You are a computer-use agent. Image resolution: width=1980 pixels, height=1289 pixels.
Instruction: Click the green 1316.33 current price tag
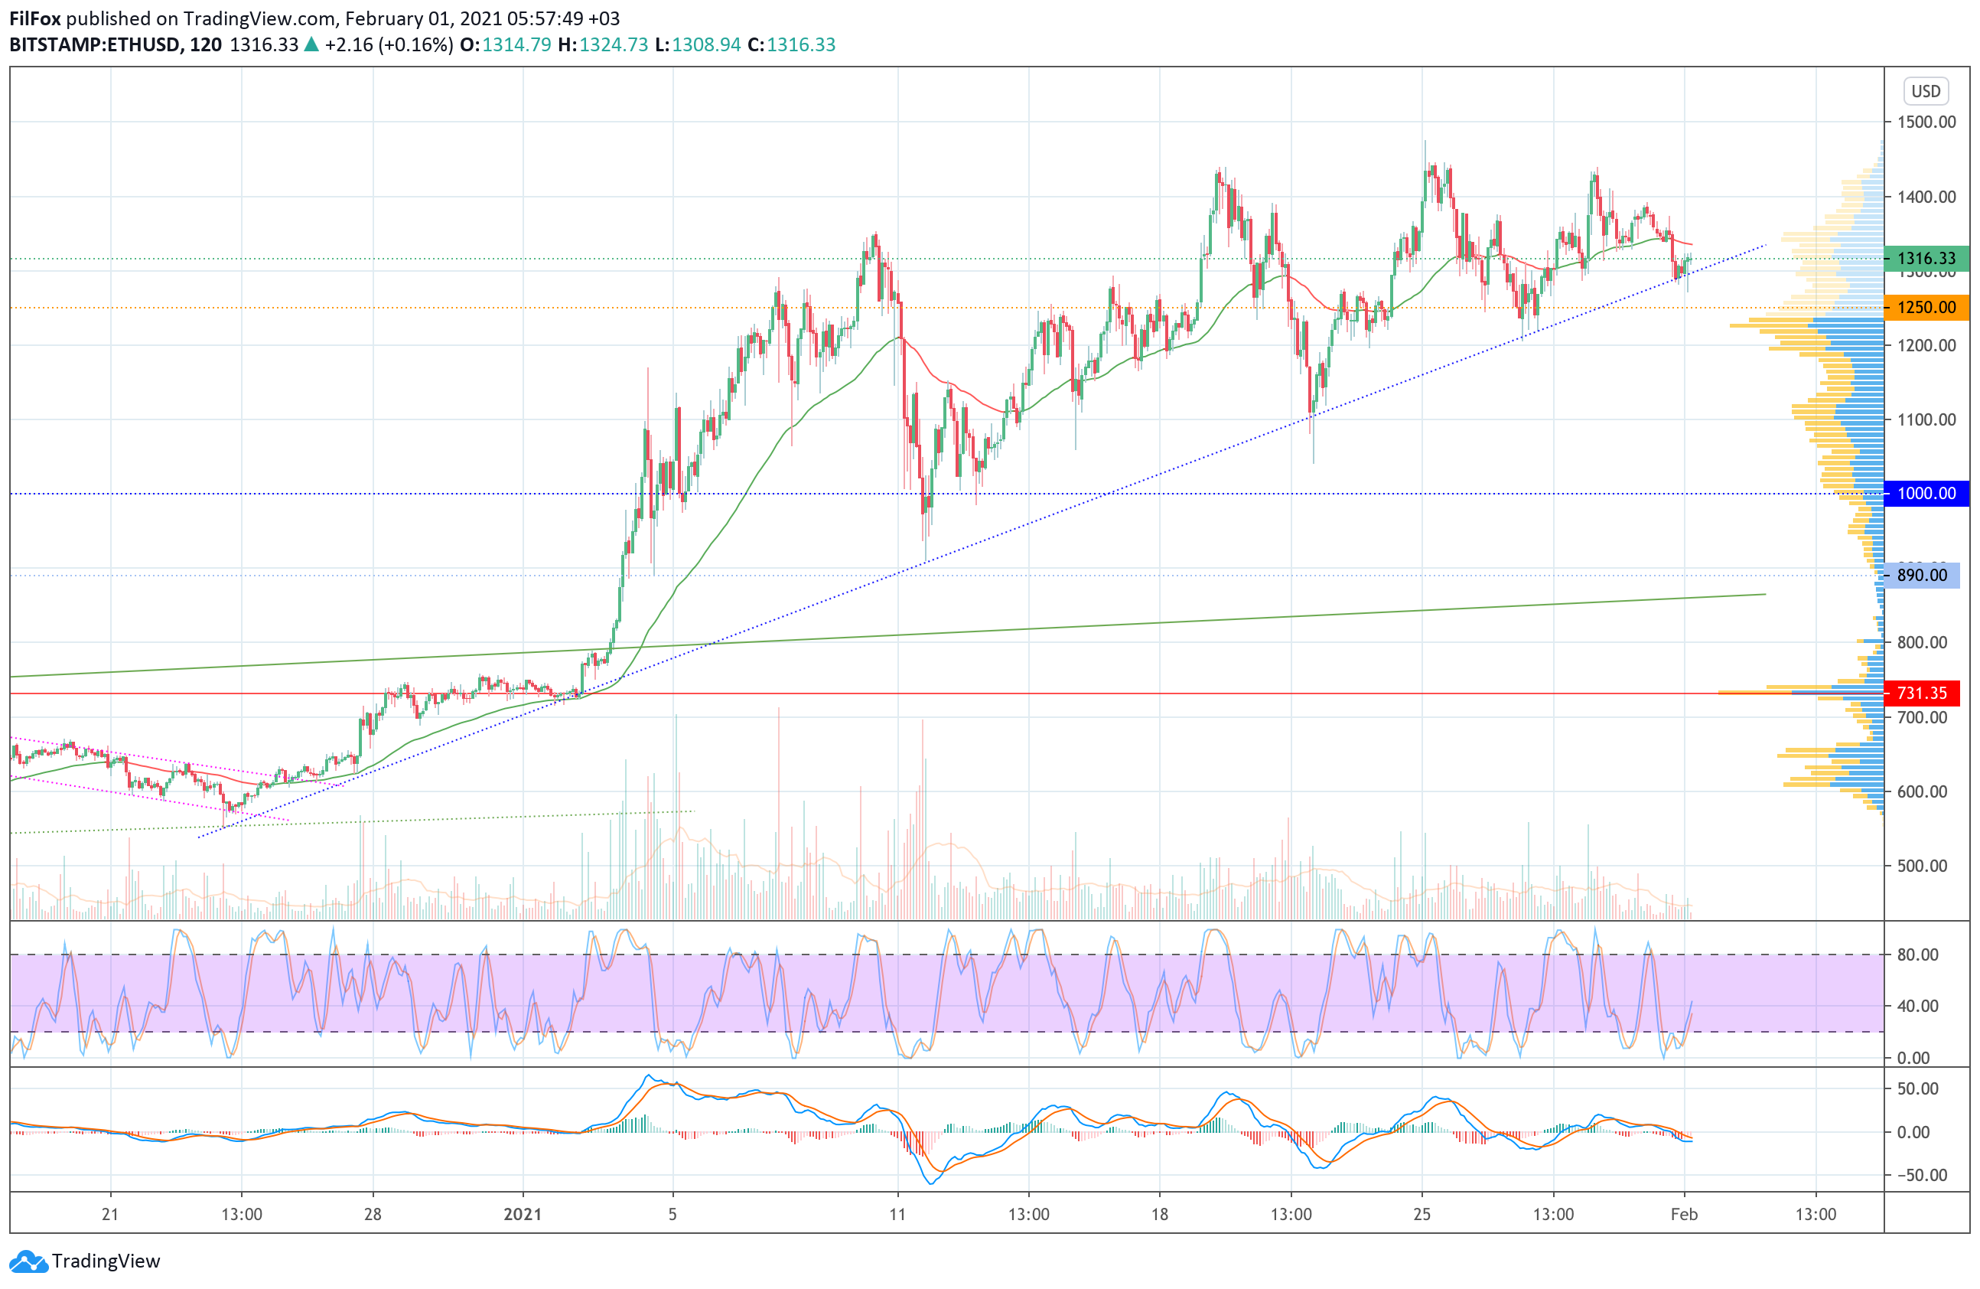(x=1925, y=259)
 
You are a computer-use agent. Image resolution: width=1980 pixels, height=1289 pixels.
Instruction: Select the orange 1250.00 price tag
(x=1925, y=308)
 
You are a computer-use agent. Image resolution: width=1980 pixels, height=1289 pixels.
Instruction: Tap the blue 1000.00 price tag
(x=1925, y=494)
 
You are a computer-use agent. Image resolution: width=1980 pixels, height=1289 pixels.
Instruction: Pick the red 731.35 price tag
(x=1921, y=693)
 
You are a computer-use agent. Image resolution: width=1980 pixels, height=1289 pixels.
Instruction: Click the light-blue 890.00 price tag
(x=1921, y=576)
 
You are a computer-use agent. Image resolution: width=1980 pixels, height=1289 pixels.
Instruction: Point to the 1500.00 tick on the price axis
(x=1926, y=122)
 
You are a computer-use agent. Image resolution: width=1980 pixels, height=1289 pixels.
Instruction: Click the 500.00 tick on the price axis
(x=1922, y=866)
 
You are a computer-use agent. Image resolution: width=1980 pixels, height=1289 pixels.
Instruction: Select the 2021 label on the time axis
(x=523, y=1214)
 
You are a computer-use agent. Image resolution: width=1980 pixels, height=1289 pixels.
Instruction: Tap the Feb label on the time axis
(x=1684, y=1214)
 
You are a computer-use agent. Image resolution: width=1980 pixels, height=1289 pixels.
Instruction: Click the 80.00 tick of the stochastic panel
(x=1917, y=955)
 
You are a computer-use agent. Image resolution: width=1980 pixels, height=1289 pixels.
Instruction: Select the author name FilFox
(x=35, y=18)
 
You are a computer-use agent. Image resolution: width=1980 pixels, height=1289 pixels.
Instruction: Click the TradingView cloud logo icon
(x=29, y=1261)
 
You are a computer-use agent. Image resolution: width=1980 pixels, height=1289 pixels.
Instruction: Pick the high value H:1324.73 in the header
(x=603, y=45)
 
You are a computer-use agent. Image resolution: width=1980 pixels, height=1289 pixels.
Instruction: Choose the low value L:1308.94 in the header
(x=697, y=45)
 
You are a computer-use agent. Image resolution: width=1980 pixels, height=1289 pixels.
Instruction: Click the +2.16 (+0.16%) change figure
(x=389, y=45)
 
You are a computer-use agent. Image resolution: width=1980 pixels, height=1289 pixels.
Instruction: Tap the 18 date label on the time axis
(x=1159, y=1214)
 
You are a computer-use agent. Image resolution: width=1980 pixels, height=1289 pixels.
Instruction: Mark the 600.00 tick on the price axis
(x=1922, y=792)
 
